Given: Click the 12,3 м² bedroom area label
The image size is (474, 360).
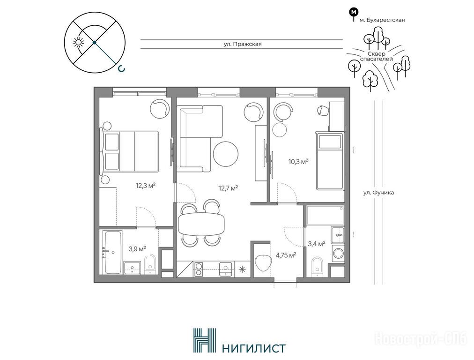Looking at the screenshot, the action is coord(145,186).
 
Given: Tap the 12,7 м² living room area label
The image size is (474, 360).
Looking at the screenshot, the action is coord(228,188).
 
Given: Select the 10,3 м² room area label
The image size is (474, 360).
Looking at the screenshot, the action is coord(298,162).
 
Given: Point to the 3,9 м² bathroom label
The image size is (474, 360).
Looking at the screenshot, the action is coord(137,249).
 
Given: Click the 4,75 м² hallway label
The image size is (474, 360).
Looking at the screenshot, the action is coord(286,255).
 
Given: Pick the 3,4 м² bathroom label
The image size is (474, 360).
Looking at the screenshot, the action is coord(317,244).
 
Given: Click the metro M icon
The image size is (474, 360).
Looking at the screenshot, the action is coord(353,12).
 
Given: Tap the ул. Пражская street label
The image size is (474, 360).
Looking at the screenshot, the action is coord(243,44).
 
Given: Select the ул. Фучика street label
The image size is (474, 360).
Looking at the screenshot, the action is coord(378,192).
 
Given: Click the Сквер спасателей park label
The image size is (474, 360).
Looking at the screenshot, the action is coord(377,56).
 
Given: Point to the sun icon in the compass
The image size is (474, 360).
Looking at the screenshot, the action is coord(79,43).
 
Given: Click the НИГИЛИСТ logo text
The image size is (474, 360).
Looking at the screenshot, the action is coord(253,348).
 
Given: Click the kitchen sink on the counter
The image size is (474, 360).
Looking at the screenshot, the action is coord(226,269).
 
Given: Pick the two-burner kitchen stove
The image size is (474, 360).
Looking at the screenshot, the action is coord(199,269).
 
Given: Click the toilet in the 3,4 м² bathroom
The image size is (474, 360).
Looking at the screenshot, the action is coord(317,265).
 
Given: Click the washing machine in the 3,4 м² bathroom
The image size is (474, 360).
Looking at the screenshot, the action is coord(338,253).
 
